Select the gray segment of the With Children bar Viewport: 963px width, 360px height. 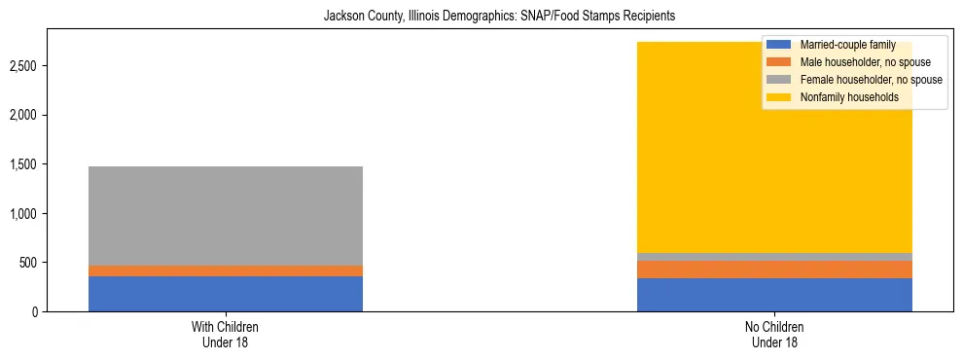226,215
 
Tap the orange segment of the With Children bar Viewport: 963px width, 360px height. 226,270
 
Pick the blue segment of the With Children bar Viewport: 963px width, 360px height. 226,294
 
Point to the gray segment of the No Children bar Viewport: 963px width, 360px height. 774,257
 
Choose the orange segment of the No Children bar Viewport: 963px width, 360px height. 774,270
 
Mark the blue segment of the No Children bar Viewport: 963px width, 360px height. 774,295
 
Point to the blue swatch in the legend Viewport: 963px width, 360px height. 779,45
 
